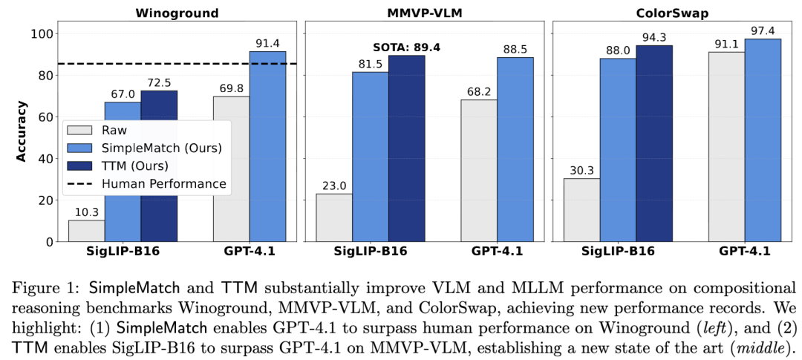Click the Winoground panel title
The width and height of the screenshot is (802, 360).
pyautogui.click(x=177, y=13)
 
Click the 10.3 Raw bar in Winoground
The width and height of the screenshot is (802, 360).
pyautogui.click(x=86, y=231)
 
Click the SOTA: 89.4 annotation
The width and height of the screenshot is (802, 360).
pyautogui.click(x=406, y=48)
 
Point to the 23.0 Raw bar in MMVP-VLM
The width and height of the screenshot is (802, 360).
pyautogui.click(x=334, y=217)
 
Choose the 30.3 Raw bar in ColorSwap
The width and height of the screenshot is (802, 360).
pyautogui.click(x=581, y=210)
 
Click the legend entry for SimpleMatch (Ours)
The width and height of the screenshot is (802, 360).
pyautogui.click(x=166, y=147)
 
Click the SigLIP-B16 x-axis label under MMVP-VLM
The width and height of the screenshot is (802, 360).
pyautogui.click(x=370, y=252)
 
